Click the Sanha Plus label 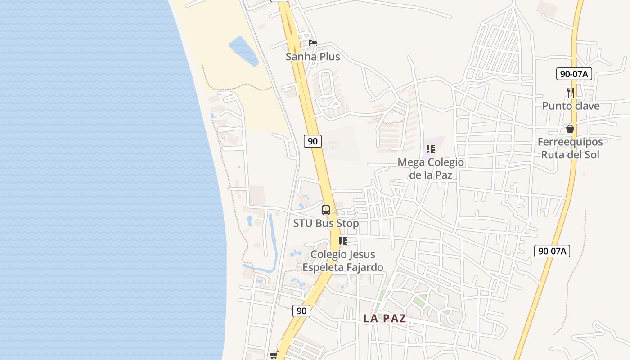pos(313,57)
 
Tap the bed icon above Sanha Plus pos(313,43)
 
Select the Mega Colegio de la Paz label pos(431,168)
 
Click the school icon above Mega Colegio pos(431,148)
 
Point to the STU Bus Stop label pos(326,223)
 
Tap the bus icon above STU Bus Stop pos(326,210)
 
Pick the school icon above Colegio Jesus pos(343,241)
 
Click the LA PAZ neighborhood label pos(385,319)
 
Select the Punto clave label pos(571,106)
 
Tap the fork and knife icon pos(571,92)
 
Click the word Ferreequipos pos(570,142)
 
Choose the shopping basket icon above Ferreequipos pos(570,129)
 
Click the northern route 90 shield pos(313,141)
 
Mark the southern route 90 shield pos(301,310)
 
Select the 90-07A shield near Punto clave pos(574,74)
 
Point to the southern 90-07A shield pos(552,251)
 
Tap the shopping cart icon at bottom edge pos(274,355)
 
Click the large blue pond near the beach pos(243,50)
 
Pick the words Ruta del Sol pos(570,155)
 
